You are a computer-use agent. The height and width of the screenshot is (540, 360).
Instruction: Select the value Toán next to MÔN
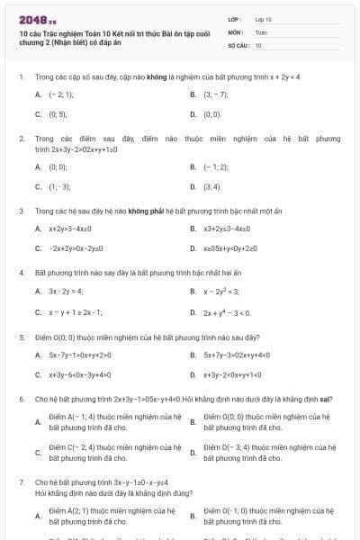261,31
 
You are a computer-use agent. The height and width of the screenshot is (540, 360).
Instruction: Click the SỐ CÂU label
237,44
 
